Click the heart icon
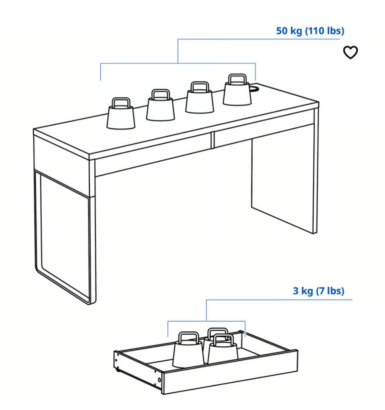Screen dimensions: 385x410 350,52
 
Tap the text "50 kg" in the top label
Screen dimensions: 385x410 289,31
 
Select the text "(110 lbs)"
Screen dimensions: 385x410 325,31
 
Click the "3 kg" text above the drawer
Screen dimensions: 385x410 303,291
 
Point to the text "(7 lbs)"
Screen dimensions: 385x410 330,291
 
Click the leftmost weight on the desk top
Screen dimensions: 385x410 121,114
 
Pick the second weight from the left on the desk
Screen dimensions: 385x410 160,105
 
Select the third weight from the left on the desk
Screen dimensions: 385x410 200,97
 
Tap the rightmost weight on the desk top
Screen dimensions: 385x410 237,90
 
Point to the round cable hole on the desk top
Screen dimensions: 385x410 254,89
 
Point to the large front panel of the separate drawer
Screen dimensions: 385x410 230,371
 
